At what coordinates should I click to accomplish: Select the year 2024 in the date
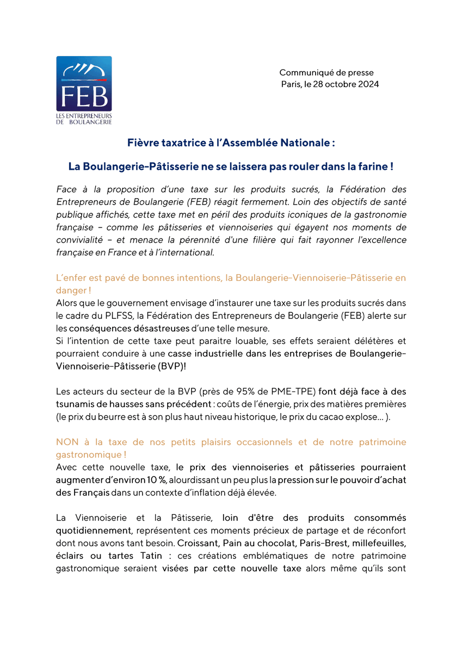tap(367, 84)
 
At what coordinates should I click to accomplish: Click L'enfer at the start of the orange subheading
tap(70, 278)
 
